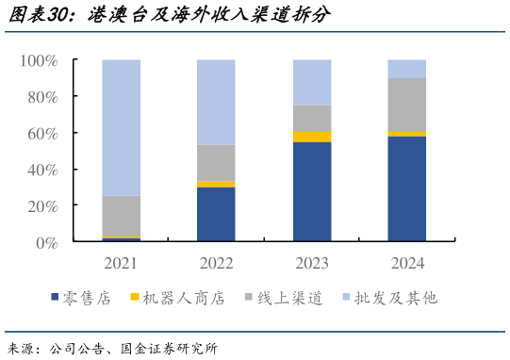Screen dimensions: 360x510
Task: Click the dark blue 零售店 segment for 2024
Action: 406,189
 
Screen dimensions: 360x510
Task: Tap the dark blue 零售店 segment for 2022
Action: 216,215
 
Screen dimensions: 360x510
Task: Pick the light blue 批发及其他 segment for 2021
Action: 121,127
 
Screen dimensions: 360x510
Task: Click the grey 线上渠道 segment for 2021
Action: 121,216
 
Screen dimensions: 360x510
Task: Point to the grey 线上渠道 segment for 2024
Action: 406,105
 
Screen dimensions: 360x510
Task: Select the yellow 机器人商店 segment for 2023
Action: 312,137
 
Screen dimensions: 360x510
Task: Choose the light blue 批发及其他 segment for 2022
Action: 216,102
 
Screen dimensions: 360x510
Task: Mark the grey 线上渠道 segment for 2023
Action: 312,118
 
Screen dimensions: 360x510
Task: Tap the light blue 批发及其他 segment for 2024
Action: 406,69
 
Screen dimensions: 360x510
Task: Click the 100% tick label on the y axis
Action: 39,60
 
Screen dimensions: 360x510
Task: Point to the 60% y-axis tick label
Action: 42,133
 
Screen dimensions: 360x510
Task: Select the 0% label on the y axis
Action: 46,242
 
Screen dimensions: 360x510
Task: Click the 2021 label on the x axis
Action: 121,262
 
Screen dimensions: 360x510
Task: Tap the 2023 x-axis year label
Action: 312,262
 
